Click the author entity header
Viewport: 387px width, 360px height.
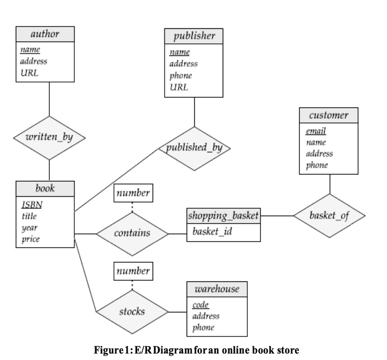tap(45, 34)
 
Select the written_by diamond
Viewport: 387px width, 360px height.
tap(49, 138)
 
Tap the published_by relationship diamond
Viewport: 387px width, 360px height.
tap(194, 148)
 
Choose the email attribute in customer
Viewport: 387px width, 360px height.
tap(316, 131)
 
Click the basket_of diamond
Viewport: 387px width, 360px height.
tap(329, 215)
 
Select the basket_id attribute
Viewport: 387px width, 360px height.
tap(210, 232)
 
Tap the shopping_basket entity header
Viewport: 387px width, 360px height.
tap(224, 216)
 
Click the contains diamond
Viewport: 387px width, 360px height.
tap(132, 233)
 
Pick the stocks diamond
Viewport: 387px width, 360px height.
tap(132, 311)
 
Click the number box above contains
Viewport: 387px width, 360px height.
tap(133, 193)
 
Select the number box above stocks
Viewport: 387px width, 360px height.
tap(133, 271)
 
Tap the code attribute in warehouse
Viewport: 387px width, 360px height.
tap(200, 305)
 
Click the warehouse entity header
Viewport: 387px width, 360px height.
tap(217, 289)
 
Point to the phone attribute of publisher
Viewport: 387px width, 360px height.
tap(181, 76)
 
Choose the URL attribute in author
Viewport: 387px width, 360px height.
tap(29, 73)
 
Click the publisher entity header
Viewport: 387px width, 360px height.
tap(194, 36)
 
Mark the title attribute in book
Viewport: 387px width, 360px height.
tap(29, 217)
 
